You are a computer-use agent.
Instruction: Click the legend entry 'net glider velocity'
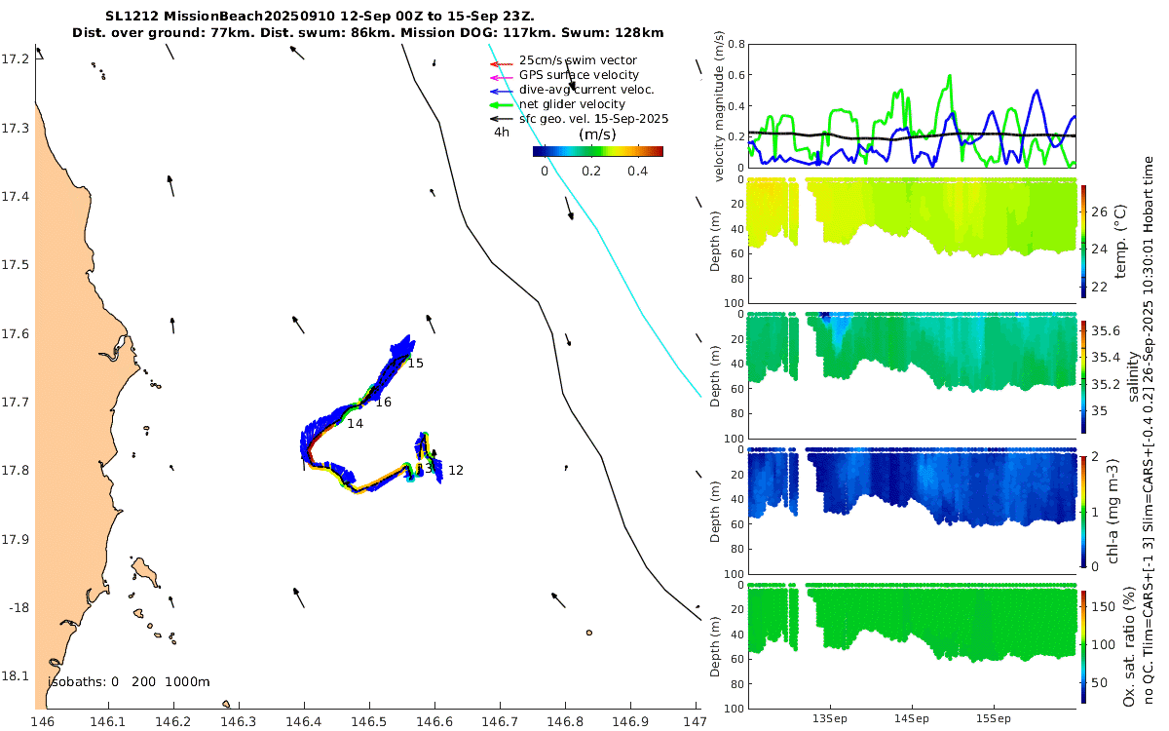coord(572,104)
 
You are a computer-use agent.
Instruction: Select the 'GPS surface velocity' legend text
coord(579,75)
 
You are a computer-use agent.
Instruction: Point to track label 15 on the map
coord(416,364)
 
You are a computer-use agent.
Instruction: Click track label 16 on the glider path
coord(384,403)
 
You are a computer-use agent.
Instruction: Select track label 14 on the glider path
coord(355,424)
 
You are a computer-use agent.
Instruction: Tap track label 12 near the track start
coord(456,471)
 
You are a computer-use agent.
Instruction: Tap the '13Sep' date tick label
coord(831,719)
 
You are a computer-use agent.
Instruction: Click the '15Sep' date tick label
coord(993,719)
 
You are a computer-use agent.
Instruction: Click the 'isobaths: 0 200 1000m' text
coord(129,682)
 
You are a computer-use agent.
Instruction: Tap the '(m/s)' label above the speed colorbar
coord(595,135)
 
